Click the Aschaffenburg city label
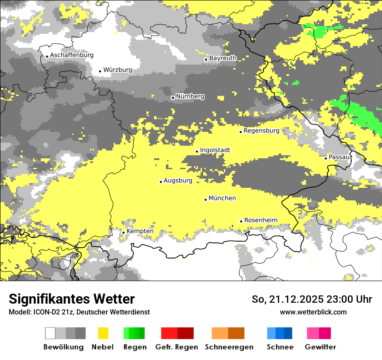point(72,55)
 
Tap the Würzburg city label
point(118,70)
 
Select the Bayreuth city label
point(223,58)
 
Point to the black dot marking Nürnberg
point(173,98)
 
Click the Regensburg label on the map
point(261,131)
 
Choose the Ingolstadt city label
point(215,150)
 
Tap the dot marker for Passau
point(326,158)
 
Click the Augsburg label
point(178,180)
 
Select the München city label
point(222,198)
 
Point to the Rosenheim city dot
point(241,221)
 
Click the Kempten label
point(140,231)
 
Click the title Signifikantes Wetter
point(72,299)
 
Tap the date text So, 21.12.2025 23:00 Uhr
point(312,299)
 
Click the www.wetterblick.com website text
point(313,312)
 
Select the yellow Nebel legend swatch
point(103,333)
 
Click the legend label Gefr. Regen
point(177,347)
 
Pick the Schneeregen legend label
point(229,347)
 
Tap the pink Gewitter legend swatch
point(319,333)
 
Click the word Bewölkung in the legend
point(63,347)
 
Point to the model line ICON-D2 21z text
point(79,312)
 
